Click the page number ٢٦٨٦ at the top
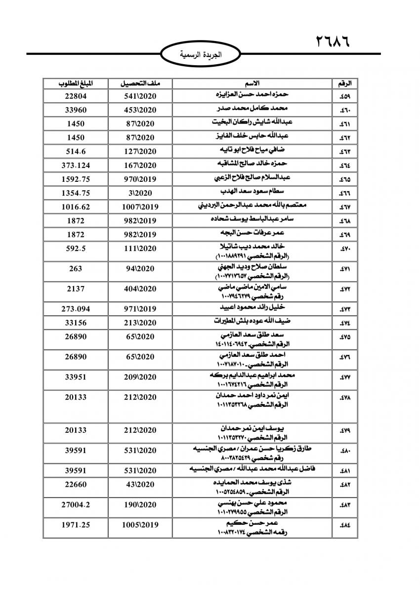coord(332,41)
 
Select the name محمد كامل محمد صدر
coord(259,108)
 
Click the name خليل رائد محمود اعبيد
coord(260,308)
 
